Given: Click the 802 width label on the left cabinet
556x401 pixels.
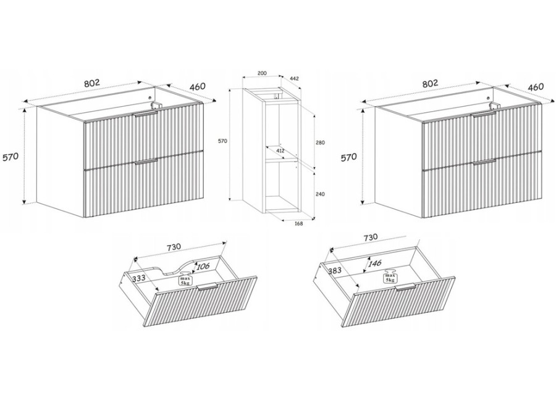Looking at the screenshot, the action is click(x=92, y=83).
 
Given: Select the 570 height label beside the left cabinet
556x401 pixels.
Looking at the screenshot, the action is click(x=11, y=157).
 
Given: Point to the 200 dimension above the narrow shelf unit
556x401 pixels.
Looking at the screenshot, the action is click(x=262, y=73).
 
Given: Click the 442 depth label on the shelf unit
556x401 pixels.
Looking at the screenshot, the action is click(x=294, y=78).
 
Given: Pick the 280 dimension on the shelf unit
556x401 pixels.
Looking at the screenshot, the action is click(x=320, y=143).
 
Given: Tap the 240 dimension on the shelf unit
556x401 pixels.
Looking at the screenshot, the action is click(x=320, y=194).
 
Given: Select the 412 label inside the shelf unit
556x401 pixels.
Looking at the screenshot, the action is click(x=280, y=151).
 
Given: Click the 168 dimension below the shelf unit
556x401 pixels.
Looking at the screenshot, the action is click(x=298, y=224).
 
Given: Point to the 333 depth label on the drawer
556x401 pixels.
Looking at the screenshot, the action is click(x=138, y=279).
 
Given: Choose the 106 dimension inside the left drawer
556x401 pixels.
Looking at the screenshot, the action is click(x=203, y=266).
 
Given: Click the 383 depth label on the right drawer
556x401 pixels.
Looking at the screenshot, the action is click(x=334, y=271).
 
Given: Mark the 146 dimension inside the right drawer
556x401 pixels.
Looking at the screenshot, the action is click(x=374, y=263).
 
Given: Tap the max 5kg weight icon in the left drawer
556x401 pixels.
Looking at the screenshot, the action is click(x=185, y=279).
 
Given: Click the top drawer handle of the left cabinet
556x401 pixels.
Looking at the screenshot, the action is click(x=145, y=113).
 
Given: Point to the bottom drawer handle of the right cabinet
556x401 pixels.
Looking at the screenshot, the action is click(x=484, y=162).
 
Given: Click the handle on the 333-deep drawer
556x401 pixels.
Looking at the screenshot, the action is click(x=207, y=287).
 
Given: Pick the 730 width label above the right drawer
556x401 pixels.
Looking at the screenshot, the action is click(x=370, y=238).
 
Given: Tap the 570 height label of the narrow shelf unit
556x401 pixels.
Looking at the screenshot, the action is click(x=222, y=141).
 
